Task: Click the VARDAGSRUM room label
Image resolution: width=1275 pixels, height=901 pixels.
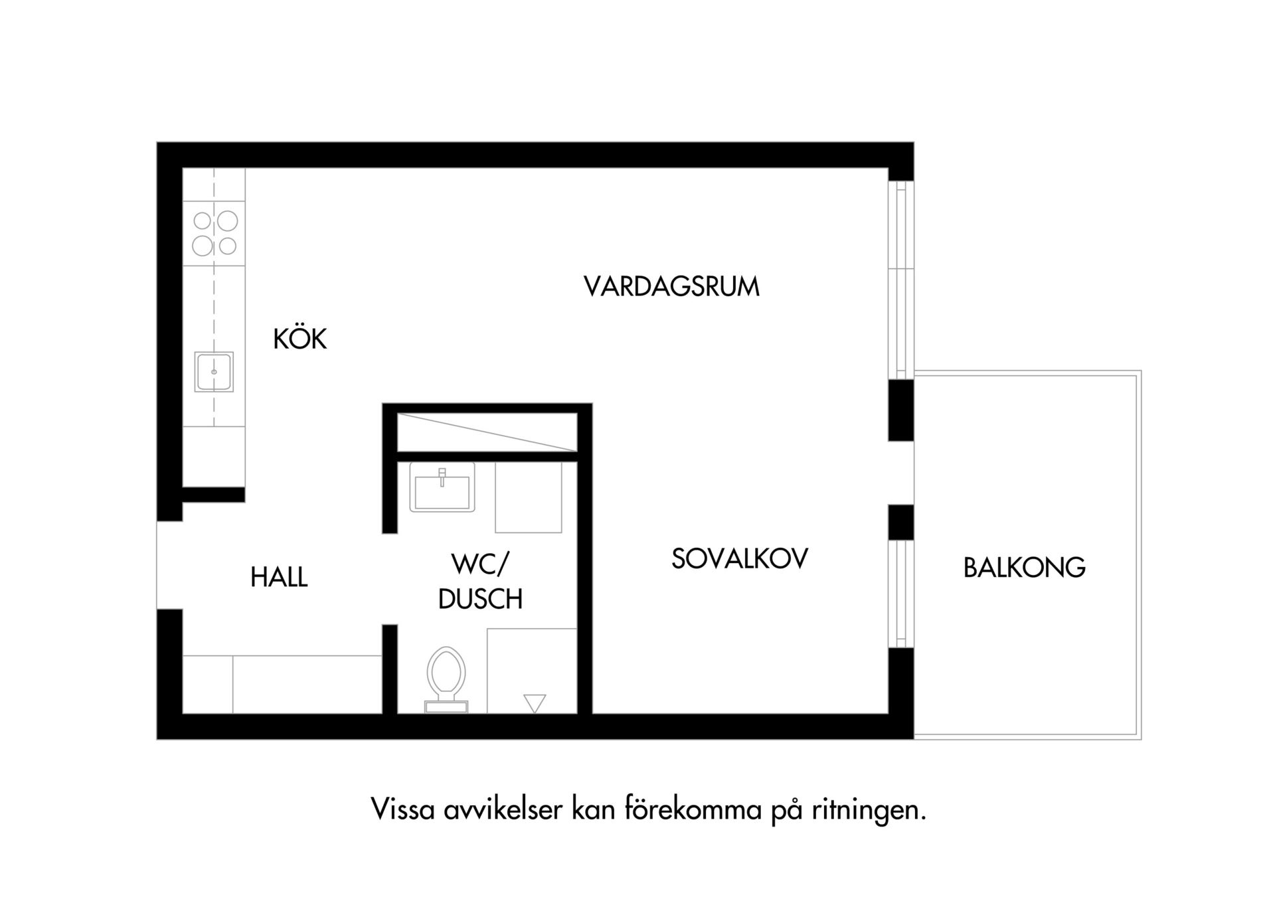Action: (x=671, y=287)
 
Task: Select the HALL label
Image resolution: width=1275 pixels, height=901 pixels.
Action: (x=279, y=577)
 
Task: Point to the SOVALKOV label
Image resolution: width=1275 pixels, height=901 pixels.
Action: (x=740, y=559)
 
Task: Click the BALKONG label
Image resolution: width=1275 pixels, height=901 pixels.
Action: (x=1025, y=568)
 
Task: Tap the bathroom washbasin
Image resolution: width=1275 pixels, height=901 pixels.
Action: (x=442, y=487)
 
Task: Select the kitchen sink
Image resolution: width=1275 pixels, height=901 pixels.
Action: (x=214, y=372)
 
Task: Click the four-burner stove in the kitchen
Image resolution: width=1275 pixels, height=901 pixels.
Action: (x=214, y=233)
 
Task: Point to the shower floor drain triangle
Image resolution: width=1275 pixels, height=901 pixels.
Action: (x=535, y=703)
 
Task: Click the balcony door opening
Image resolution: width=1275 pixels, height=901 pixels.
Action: (x=901, y=473)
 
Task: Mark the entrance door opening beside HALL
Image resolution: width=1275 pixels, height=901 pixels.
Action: (x=169, y=565)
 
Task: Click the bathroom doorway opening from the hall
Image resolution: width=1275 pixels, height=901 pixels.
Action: (x=390, y=579)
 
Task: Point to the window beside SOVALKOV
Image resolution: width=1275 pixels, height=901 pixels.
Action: (x=901, y=594)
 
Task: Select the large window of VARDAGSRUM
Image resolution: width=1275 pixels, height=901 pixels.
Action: (x=901, y=280)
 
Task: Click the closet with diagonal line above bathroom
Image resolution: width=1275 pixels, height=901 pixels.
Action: (x=487, y=432)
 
